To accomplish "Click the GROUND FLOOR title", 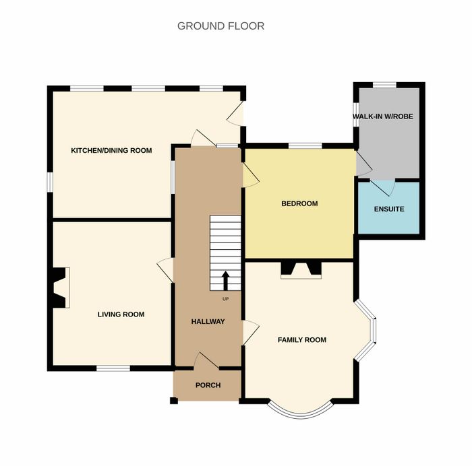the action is coord(220,26).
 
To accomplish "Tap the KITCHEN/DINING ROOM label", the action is coord(111,150).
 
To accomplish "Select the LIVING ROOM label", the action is coord(121,314).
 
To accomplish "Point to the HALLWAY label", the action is coord(208,322).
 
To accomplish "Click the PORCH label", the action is coord(208,385).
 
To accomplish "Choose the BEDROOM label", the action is coord(299,203).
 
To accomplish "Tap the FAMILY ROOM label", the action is coord(302,339).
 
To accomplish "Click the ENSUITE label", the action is coord(389,209).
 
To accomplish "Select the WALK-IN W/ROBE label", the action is coord(383,116).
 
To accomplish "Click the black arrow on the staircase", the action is coord(225,281).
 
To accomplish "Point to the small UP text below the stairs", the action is coord(225,299).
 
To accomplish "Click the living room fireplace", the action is coord(60,288).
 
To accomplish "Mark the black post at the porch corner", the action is coord(174,401).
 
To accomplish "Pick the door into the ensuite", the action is coord(382,187).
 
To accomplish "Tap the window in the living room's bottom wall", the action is coord(113,368).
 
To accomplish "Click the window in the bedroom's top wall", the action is coord(305,146).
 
